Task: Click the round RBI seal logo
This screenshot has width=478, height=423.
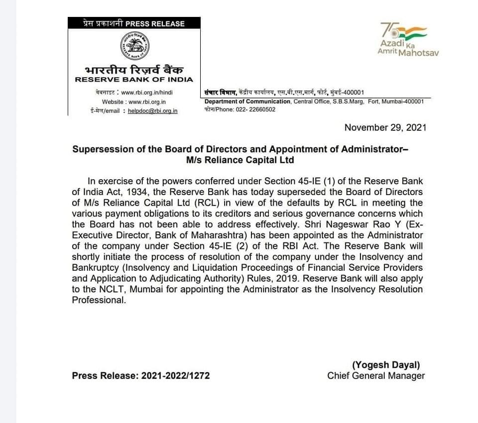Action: [134, 46]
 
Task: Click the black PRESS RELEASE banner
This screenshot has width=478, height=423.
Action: [134, 23]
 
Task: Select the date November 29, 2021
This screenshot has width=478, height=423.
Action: [385, 127]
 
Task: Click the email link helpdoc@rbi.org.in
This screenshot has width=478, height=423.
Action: [152, 111]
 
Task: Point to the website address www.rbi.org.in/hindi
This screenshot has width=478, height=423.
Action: [148, 92]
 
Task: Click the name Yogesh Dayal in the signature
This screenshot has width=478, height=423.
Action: [386, 365]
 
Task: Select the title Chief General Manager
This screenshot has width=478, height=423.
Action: [376, 376]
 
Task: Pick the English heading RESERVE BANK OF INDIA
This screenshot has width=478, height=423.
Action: [134, 80]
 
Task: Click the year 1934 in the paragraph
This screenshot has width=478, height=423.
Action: [129, 192]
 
